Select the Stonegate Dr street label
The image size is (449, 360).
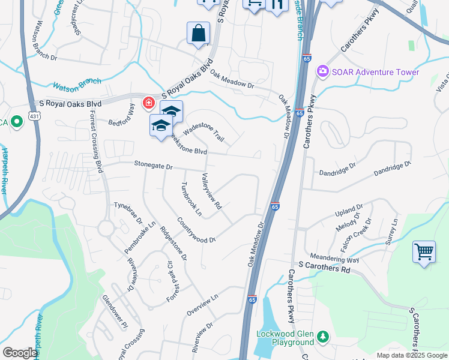point(153,164)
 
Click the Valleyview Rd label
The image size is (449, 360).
point(212,191)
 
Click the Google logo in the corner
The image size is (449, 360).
point(20,353)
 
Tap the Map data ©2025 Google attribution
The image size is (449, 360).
point(411,355)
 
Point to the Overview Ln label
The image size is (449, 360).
point(202,305)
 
